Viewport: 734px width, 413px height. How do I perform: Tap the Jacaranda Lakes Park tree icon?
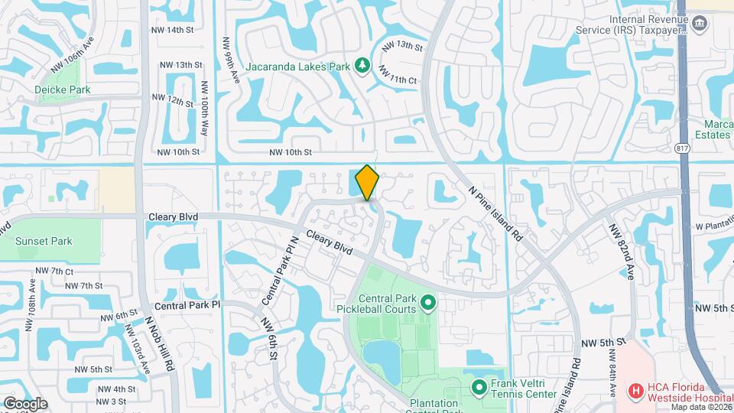coord(362,67)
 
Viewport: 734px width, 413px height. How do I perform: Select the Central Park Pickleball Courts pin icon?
coord(428,304)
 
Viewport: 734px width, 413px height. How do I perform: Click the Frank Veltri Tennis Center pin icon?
coord(479,387)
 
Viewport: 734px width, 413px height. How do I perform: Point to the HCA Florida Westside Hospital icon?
coord(635,391)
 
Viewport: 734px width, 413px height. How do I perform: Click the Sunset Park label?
coord(44,241)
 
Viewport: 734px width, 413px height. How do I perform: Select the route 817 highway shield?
coord(683,148)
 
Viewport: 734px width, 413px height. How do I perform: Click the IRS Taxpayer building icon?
coord(698,24)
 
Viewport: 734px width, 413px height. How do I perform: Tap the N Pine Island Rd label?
coord(495,213)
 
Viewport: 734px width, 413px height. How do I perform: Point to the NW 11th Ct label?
coord(399,75)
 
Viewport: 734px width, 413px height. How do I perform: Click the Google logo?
coord(25,403)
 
